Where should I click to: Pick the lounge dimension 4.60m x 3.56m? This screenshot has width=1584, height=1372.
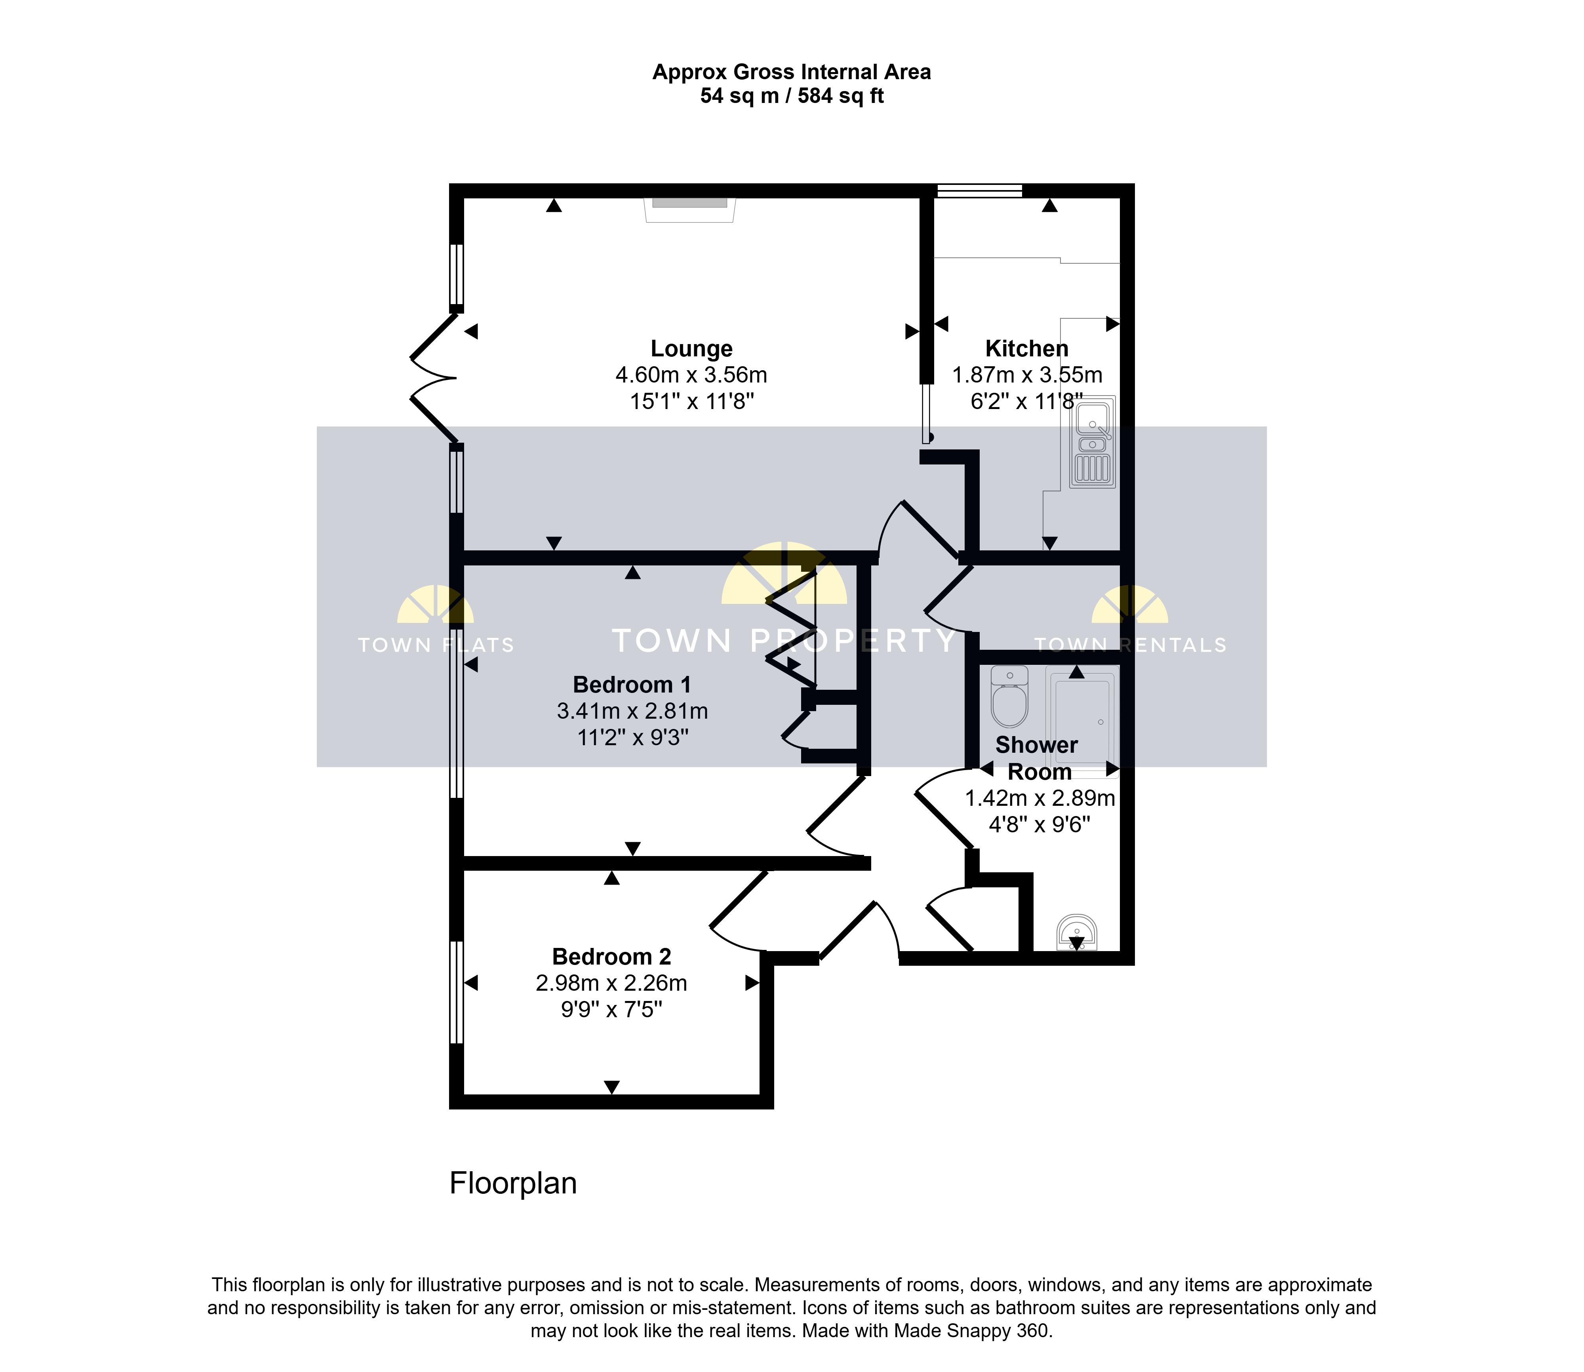pos(691,375)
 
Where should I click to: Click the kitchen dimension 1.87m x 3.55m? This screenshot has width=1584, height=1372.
pos(1027,375)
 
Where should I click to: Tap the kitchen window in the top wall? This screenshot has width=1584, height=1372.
pos(980,190)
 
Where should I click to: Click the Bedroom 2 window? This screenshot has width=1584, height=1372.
pos(456,992)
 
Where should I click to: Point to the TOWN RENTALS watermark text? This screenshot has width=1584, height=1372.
pos(1130,645)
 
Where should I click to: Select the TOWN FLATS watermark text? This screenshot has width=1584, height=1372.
pos(436,645)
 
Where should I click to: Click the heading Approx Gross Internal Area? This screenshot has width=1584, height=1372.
pos(792,72)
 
